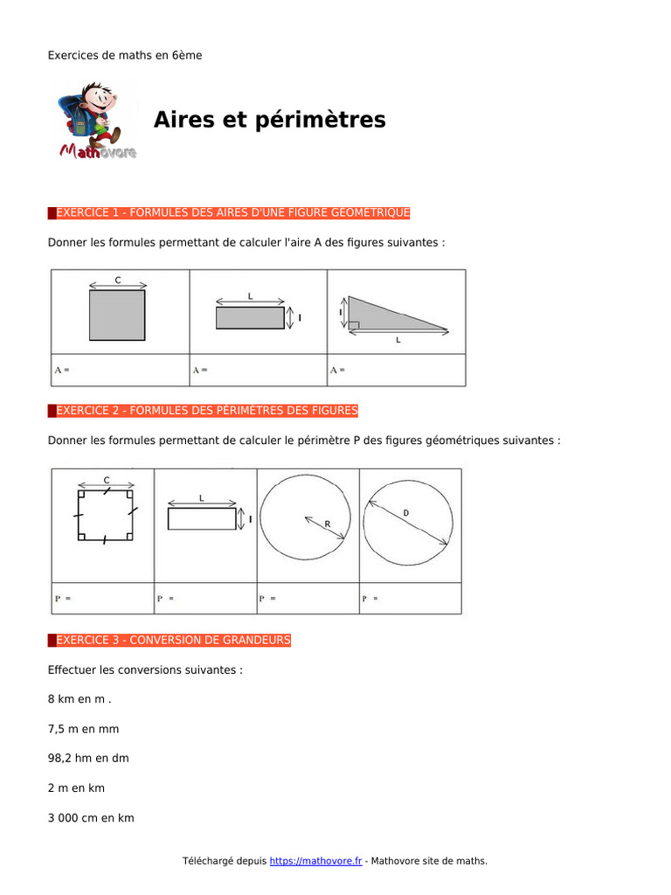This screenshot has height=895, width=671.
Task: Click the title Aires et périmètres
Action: (269, 120)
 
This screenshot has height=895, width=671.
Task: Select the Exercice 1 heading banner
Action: (229, 212)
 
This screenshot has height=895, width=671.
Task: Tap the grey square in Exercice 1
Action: (117, 315)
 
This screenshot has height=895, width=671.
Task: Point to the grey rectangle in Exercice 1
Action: (250, 318)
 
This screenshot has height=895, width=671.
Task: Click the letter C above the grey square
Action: (118, 281)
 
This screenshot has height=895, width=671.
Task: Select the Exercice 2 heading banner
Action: (203, 410)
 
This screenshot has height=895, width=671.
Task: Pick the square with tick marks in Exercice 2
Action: (105, 517)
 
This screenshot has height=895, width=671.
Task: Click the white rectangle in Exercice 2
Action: (201, 519)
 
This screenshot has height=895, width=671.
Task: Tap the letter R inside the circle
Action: (328, 524)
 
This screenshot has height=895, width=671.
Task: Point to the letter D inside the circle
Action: (405, 512)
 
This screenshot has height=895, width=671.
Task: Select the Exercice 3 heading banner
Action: (169, 641)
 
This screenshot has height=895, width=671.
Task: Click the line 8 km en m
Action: (80, 698)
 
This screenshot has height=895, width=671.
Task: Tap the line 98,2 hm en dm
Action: (88, 758)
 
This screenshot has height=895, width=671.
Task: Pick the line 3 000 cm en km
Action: (91, 818)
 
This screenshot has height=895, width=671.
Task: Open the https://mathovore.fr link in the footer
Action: (315, 861)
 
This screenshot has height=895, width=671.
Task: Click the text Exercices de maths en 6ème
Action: (125, 55)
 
